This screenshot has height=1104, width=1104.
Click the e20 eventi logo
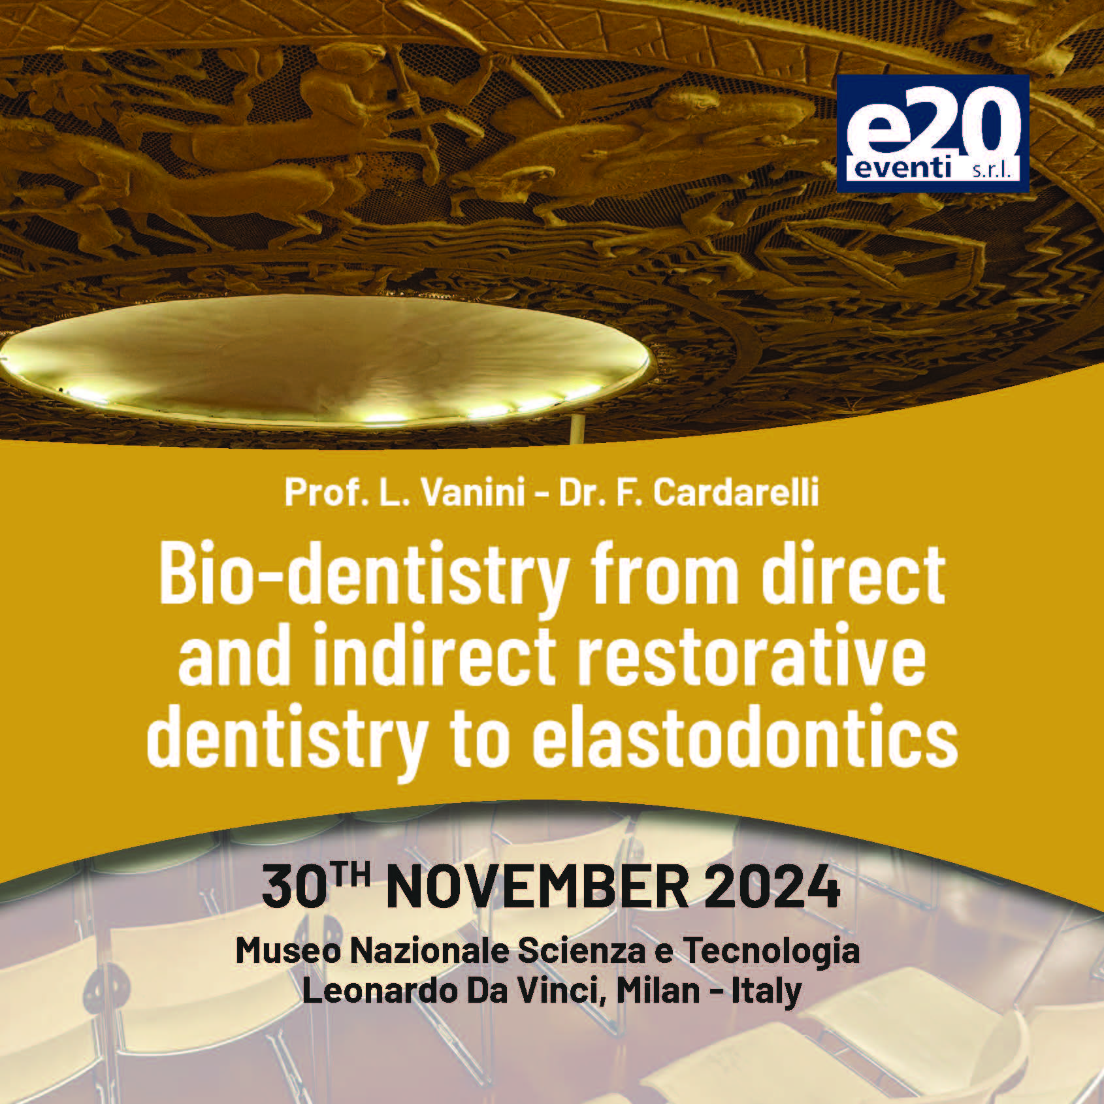click(932, 133)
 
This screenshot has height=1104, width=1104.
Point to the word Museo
click(288, 951)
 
